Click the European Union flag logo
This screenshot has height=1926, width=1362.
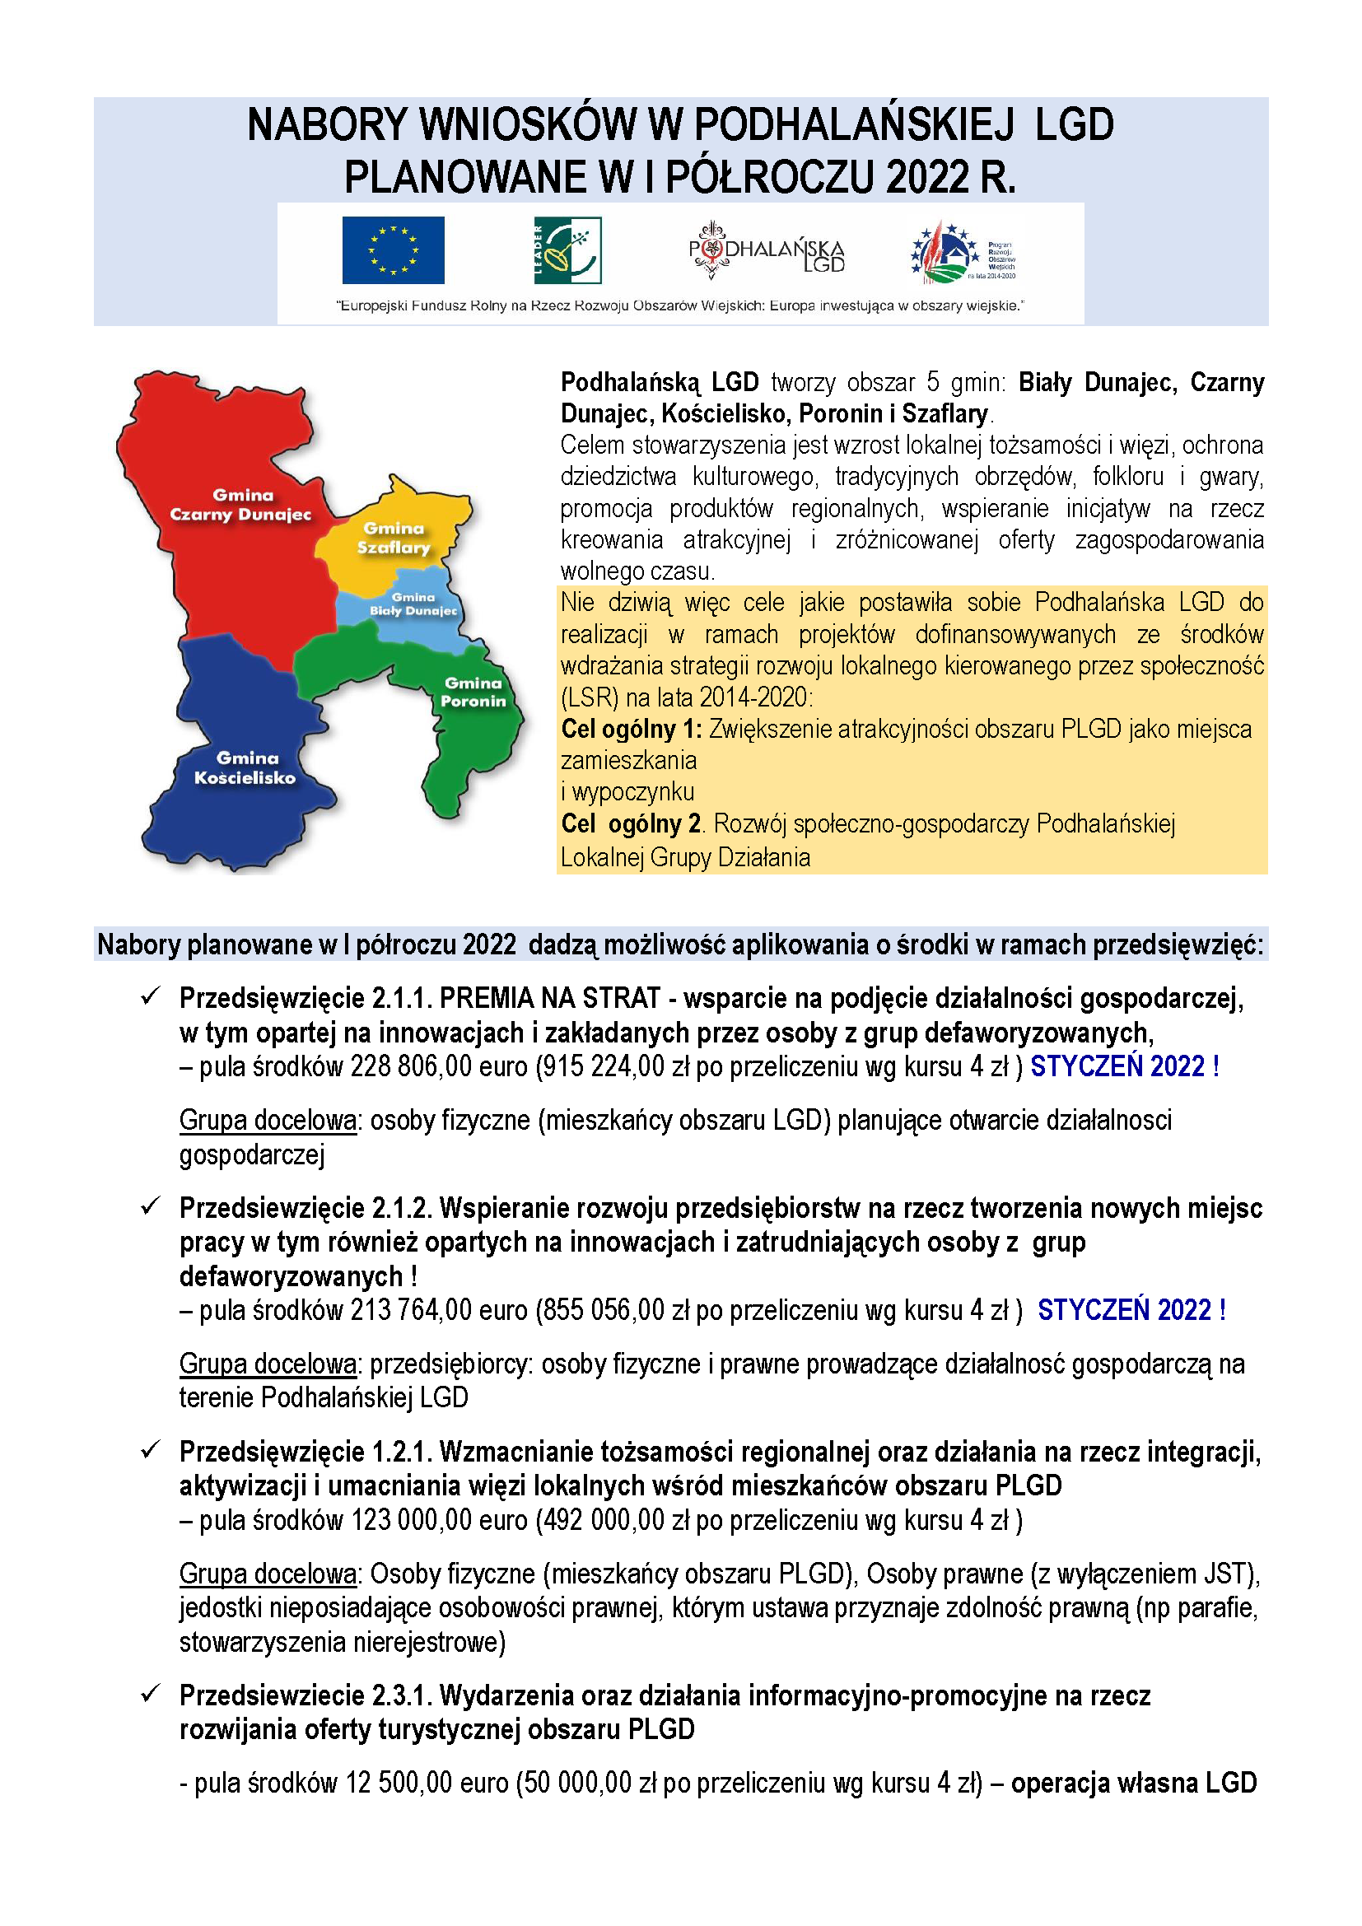tap(393, 250)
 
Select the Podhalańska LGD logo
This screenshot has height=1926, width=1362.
tap(766, 250)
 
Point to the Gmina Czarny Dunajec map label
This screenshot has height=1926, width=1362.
tap(240, 505)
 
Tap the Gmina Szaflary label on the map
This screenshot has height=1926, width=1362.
tap(394, 538)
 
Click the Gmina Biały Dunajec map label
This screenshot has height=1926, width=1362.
tap(413, 604)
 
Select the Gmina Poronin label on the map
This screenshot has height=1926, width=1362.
tap(473, 692)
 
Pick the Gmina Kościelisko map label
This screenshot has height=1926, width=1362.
tap(245, 767)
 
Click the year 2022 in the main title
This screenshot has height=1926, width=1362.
tap(926, 178)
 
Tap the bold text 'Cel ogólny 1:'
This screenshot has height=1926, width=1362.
tap(632, 729)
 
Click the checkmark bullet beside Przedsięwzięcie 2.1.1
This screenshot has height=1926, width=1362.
tap(151, 996)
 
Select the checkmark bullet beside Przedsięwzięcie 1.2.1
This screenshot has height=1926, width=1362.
tap(151, 1449)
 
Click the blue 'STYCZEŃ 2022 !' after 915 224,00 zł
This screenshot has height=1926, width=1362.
tap(1124, 1067)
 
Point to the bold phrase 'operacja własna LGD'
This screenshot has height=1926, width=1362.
tap(1133, 1783)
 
